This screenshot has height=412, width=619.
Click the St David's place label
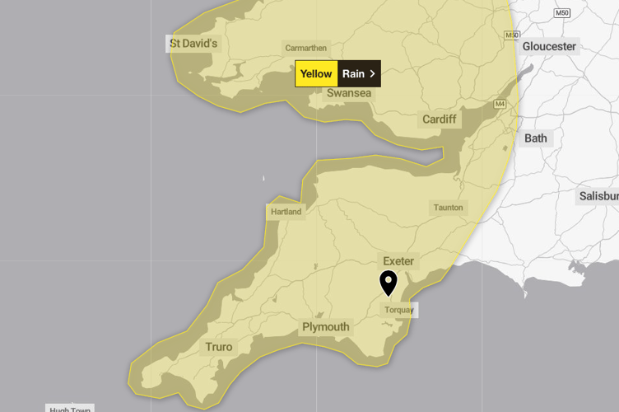tap(193, 42)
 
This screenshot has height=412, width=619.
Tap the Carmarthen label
tap(305, 48)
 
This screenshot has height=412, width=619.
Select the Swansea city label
tap(349, 93)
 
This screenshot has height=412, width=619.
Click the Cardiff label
tap(439, 119)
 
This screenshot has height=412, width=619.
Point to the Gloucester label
tap(549, 46)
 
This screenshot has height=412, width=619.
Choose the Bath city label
tap(535, 138)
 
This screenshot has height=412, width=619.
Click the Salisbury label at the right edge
tap(598, 196)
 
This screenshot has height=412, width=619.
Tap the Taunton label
tap(449, 208)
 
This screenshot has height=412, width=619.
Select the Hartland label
tap(286, 212)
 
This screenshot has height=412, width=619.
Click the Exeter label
tap(398, 261)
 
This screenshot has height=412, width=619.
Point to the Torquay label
tap(400, 311)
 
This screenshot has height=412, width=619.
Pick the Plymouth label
tap(325, 327)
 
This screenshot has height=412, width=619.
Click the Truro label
tap(219, 347)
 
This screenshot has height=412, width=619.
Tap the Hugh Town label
tap(70, 409)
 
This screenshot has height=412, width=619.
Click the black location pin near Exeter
tap(389, 282)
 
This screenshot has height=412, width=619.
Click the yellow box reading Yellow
tap(316, 73)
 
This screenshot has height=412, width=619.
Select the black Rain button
tap(354, 73)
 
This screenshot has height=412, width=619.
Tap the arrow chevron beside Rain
tap(373, 73)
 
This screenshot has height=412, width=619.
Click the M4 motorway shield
tap(500, 104)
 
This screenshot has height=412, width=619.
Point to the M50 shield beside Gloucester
tap(512, 35)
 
